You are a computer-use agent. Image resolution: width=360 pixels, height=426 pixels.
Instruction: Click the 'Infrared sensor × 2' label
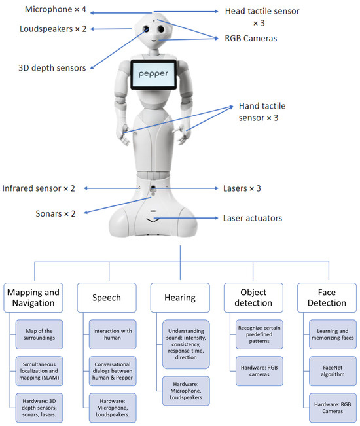coord(39,188)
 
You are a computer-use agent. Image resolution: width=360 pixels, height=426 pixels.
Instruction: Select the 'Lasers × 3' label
coord(242,188)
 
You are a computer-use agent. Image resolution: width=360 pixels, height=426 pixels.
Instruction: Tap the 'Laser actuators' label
coord(253,218)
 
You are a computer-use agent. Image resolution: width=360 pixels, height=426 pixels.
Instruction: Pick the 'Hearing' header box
coord(180,297)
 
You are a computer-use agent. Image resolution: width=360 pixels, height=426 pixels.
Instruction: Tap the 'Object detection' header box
coord(253,297)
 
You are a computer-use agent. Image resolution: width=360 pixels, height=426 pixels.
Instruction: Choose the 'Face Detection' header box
coord(325,297)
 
